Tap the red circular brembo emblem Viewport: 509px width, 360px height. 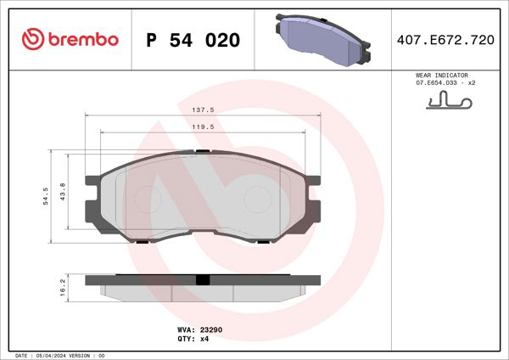point(31,40)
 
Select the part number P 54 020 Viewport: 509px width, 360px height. point(193,40)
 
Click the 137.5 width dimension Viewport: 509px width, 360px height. point(202,110)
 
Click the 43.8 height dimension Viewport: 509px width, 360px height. point(71,193)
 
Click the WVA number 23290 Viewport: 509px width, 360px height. point(210,328)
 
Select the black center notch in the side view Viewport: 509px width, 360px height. point(202,279)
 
